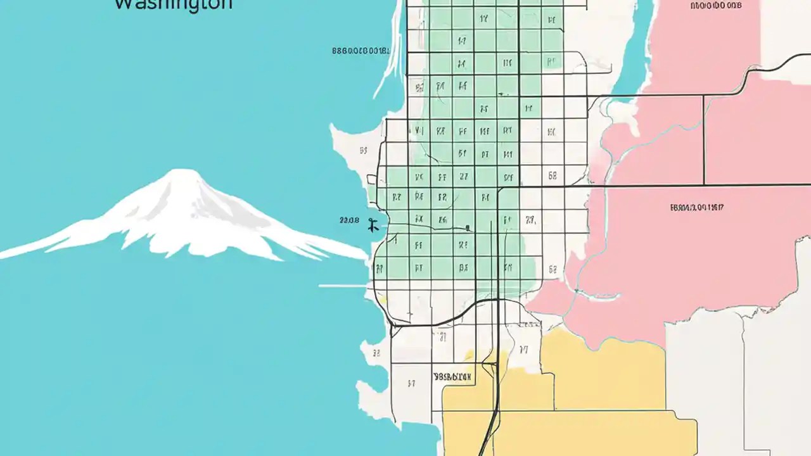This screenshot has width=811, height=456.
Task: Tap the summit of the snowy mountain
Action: (181, 172)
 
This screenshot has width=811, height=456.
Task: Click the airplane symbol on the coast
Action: (373, 224)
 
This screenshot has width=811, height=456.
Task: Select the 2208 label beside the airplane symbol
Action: (349, 220)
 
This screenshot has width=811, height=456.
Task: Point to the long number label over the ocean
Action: (361, 51)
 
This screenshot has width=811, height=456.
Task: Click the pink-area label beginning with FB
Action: (696, 207)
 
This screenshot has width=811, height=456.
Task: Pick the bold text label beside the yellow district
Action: (452, 376)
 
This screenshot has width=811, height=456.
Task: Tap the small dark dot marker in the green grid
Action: (467, 228)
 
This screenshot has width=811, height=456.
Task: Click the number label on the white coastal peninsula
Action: (364, 151)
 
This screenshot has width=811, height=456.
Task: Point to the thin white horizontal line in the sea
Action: (342, 286)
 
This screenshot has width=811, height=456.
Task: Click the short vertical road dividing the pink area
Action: (704, 139)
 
